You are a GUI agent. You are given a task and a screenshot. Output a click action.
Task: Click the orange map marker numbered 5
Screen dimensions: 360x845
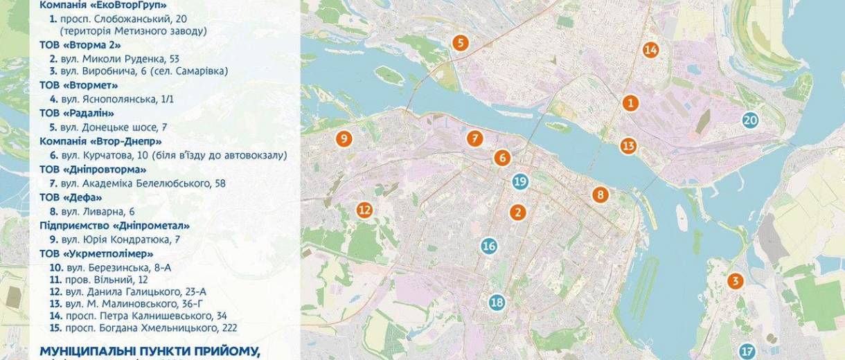[460, 43]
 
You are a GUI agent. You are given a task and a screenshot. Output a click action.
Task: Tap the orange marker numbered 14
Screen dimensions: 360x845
[650, 50]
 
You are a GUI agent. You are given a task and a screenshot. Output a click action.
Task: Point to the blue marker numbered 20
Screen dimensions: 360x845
[750, 120]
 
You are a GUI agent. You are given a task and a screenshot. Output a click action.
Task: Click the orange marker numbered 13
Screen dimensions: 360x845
[628, 146]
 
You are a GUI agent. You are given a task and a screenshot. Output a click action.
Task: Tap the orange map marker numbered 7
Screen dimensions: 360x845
[474, 138]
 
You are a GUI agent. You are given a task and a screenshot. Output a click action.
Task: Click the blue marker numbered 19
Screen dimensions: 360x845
[520, 182]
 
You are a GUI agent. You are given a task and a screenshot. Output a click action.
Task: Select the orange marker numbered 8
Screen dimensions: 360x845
[600, 195]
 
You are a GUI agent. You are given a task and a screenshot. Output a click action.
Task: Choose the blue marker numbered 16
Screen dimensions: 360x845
[489, 246]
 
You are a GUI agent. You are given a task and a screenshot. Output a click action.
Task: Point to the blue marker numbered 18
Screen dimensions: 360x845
[497, 303]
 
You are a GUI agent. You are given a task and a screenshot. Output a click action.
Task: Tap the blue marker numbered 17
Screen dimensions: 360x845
[746, 351]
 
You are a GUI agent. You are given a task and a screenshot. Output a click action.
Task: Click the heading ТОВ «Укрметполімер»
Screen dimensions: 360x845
[96, 253]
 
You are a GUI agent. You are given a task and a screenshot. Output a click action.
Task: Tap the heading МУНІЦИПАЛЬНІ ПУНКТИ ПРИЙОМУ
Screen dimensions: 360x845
[150, 350]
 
